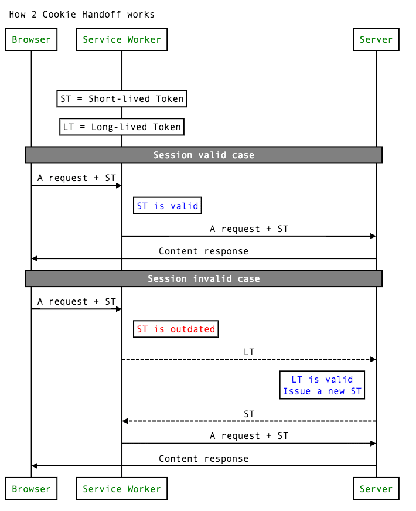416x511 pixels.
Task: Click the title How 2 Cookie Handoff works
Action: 82,14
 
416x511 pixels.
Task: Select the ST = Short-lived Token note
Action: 122,98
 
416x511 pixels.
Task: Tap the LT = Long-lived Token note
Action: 122,127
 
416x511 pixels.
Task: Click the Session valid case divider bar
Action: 203,155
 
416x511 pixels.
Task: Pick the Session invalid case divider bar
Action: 203,278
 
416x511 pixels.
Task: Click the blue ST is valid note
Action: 168,206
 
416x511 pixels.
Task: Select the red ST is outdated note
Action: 176,329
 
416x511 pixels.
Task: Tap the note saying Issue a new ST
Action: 322,391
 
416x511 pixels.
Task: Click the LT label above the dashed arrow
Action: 249,352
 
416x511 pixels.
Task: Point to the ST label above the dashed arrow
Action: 249,414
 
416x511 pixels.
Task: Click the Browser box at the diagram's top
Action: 31,40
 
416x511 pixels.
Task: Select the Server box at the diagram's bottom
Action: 376,489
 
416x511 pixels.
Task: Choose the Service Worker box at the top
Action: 122,40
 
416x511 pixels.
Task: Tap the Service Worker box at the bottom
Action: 122,489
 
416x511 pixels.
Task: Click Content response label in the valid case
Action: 203,251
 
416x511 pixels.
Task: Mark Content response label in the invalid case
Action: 203,458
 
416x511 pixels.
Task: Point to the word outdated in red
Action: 193,329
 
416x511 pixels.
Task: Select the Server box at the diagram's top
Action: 376,40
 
